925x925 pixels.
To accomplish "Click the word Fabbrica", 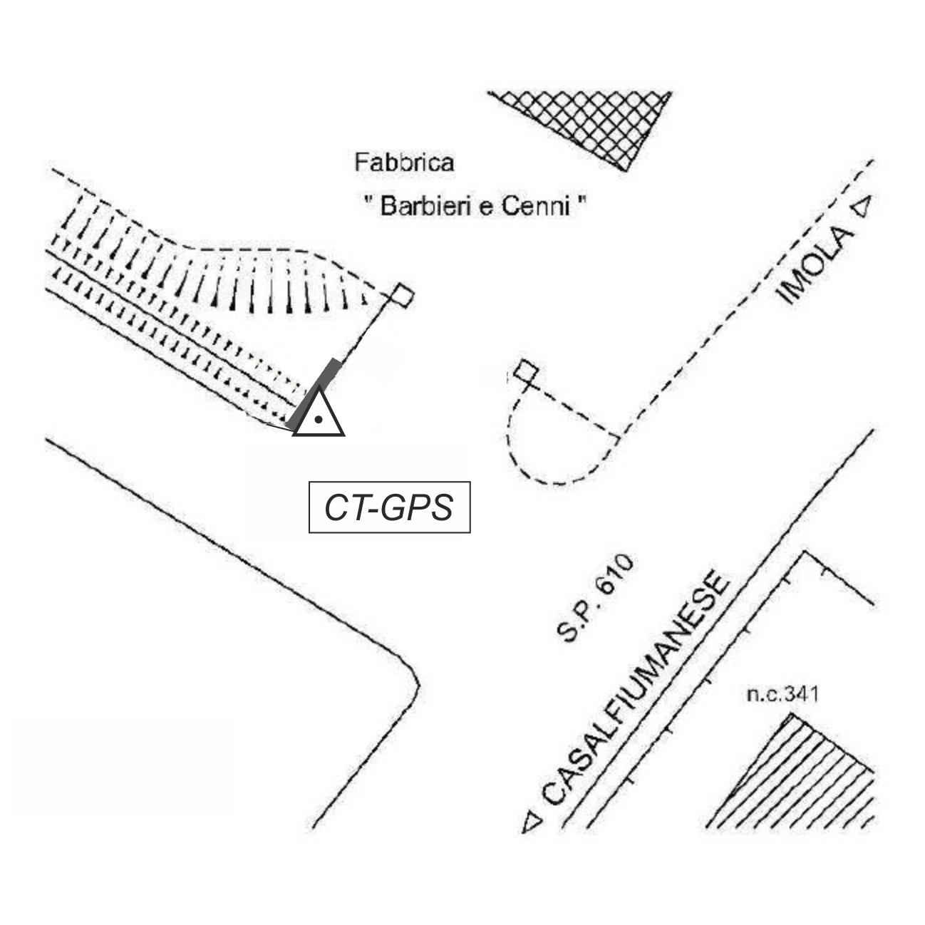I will tap(404, 162).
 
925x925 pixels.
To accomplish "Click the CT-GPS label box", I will tap(389, 507).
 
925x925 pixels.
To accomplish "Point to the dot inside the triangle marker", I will tap(319, 420).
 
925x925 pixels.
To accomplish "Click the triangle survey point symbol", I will tap(319, 414).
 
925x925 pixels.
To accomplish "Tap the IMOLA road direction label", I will tap(817, 267).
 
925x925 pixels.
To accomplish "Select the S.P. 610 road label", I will tap(594, 600).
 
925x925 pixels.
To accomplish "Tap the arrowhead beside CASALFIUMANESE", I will tap(532, 822).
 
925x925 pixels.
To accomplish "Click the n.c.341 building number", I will tap(782, 693).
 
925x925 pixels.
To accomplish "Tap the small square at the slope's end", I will tap(403, 296).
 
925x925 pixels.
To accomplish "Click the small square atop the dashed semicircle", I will tap(526, 371).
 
